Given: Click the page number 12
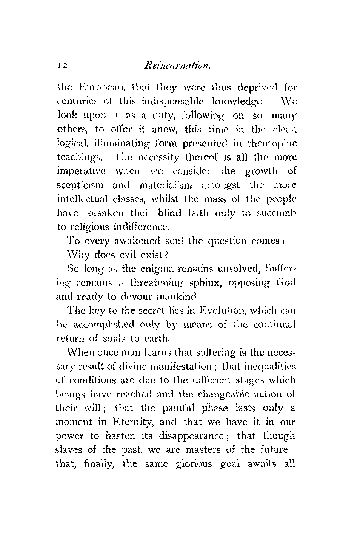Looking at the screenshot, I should tap(63, 67).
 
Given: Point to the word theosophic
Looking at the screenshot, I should tap(272, 143).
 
